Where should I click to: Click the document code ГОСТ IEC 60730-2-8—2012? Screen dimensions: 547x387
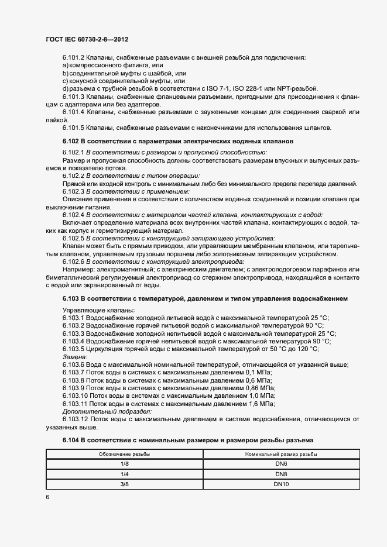(x=86, y=39)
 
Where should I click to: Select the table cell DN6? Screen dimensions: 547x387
(x=280, y=463)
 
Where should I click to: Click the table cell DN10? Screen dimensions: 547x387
(x=280, y=484)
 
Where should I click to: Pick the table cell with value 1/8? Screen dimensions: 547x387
(x=124, y=463)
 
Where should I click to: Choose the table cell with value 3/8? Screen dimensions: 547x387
(x=124, y=484)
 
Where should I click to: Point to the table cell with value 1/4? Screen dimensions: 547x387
(x=124, y=474)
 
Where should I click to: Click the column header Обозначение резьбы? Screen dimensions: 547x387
(x=124, y=453)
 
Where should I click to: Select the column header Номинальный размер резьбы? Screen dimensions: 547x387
(x=280, y=453)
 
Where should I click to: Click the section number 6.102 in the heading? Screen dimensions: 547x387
(x=73, y=142)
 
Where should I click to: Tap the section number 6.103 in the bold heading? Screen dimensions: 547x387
(x=73, y=298)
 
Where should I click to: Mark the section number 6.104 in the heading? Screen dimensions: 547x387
(x=73, y=439)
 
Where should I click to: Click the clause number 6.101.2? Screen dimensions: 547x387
(x=74, y=57)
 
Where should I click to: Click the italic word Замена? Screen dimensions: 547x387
(x=75, y=356)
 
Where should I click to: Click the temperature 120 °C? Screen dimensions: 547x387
(x=306, y=349)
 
